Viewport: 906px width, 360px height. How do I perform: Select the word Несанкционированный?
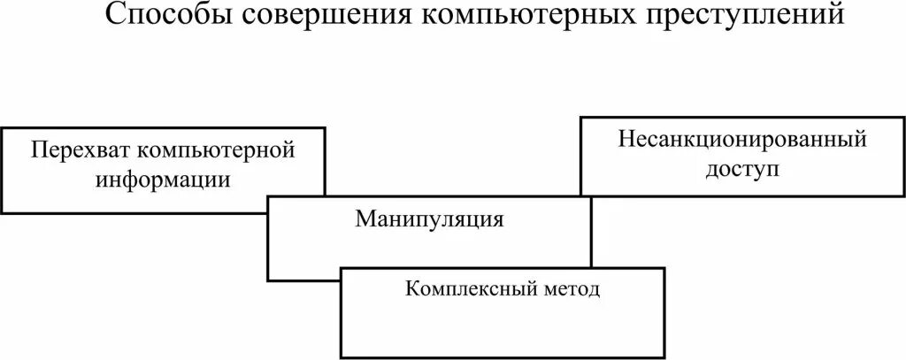(741, 139)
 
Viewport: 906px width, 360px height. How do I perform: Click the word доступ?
(743, 168)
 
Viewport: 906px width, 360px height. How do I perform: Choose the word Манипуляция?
(430, 218)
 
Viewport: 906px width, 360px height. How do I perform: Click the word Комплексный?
(469, 289)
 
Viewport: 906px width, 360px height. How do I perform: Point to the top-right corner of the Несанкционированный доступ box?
(902, 117)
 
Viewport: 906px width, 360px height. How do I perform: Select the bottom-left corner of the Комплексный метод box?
(341, 356)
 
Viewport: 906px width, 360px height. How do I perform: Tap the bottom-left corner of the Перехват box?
(3, 212)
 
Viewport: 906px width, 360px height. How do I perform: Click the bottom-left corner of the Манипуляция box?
(268, 280)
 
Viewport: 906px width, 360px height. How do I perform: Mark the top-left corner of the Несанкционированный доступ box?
(580, 117)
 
